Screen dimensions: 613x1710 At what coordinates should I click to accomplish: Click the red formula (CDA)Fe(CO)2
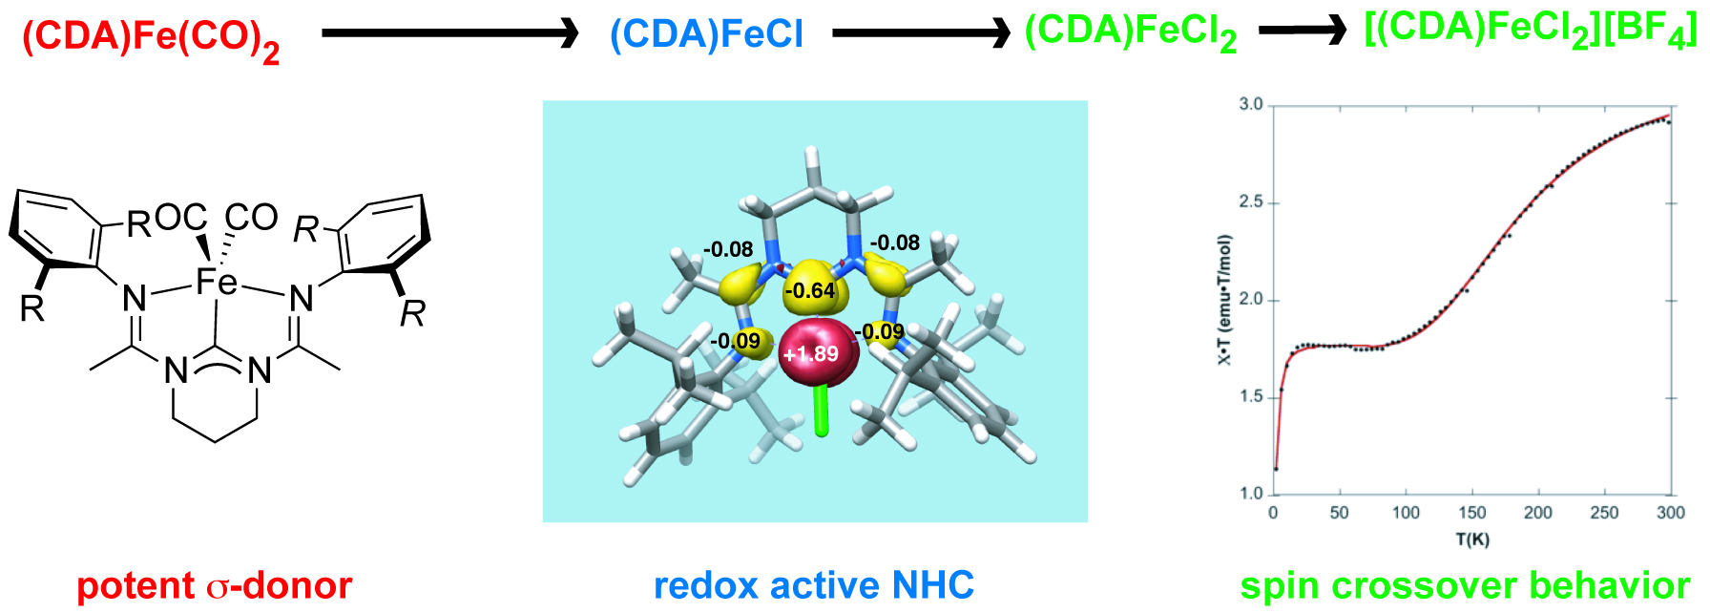(151, 38)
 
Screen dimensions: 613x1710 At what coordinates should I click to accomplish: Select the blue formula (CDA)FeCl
(706, 35)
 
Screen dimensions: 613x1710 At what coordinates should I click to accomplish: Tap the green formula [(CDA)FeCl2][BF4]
(1531, 31)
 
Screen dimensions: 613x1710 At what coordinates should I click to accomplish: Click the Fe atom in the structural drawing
(216, 282)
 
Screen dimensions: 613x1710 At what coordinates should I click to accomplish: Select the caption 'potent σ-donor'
(215, 585)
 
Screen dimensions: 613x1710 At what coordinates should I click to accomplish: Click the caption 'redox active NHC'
(814, 585)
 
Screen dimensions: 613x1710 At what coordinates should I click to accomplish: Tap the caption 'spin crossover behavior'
(1466, 585)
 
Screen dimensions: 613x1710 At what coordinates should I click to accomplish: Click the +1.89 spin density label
(810, 354)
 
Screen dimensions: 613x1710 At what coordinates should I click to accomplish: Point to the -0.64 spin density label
(809, 290)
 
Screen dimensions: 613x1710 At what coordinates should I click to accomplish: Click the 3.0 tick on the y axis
(1250, 104)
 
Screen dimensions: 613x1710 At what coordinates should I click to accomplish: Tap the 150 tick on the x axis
(1472, 514)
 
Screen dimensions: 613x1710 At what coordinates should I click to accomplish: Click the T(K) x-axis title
(1472, 539)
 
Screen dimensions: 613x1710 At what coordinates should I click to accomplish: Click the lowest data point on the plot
(1276, 469)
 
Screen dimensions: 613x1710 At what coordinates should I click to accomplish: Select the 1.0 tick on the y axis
(1250, 494)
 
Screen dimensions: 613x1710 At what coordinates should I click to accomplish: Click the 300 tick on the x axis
(1670, 514)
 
